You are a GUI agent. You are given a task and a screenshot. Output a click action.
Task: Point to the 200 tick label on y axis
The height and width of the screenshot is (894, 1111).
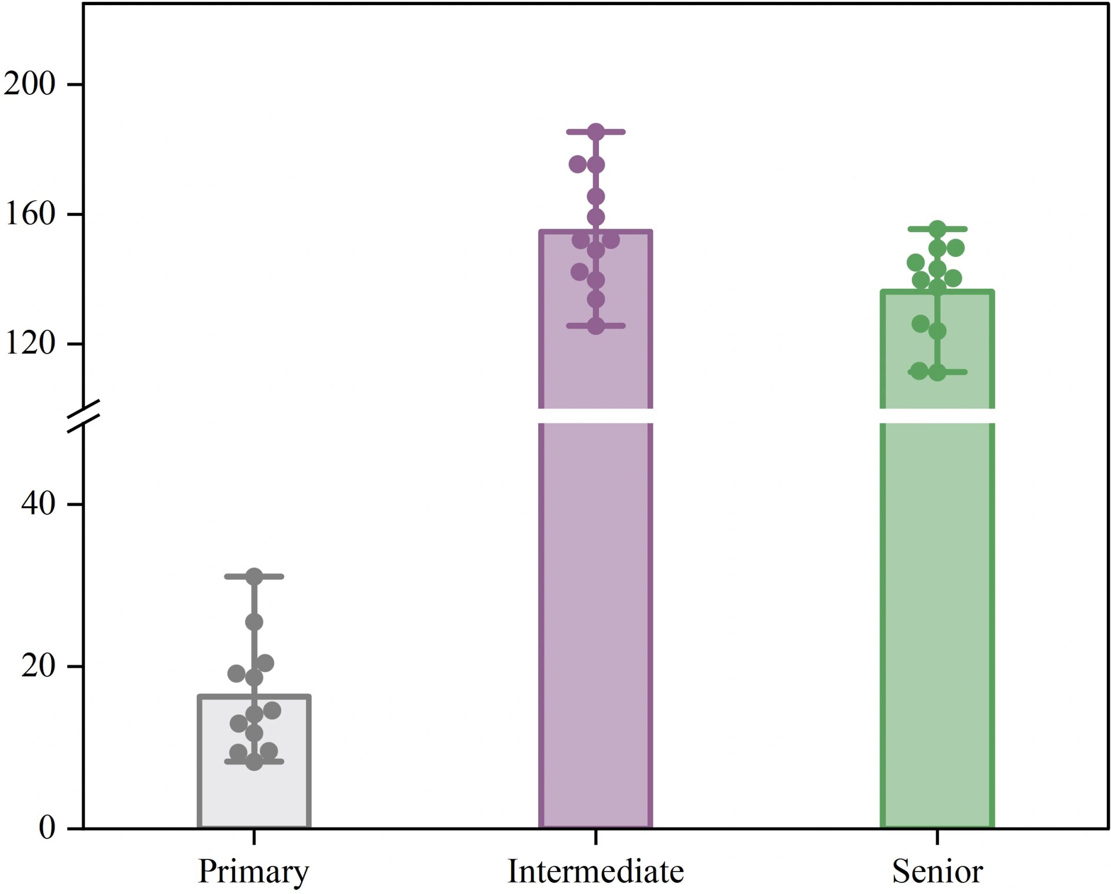pyautogui.click(x=30, y=84)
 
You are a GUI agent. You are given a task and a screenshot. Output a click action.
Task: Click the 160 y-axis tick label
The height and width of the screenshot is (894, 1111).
pyautogui.click(x=30, y=214)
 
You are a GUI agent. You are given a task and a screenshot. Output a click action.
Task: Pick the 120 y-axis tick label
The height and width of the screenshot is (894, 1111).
pyautogui.click(x=30, y=343)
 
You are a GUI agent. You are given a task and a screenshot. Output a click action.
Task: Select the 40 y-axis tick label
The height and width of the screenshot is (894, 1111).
pyautogui.click(x=38, y=503)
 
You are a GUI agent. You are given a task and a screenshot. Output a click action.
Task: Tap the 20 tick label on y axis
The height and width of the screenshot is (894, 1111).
pyautogui.click(x=38, y=666)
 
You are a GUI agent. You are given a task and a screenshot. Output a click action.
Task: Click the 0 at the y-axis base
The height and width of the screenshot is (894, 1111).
pyautogui.click(x=47, y=827)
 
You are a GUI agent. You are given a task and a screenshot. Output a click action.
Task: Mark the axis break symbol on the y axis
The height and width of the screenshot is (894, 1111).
pyautogui.click(x=84, y=416)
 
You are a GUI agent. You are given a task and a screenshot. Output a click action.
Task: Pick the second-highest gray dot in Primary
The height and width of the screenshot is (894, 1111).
pyautogui.click(x=254, y=622)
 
